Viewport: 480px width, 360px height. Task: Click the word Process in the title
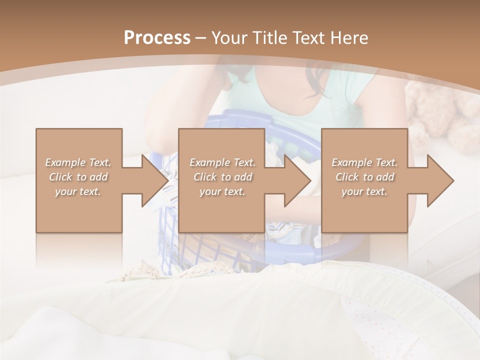coord(157,38)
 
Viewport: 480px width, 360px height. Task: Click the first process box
coord(78,210)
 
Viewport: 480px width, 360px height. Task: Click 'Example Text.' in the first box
coord(78,162)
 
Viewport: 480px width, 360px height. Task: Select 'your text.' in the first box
coord(78,191)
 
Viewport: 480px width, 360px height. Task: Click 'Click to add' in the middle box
coord(222,177)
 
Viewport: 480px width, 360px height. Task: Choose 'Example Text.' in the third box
coord(364,162)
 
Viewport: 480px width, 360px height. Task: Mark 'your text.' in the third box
coord(364,191)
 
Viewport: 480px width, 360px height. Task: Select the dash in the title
coord(201,38)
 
